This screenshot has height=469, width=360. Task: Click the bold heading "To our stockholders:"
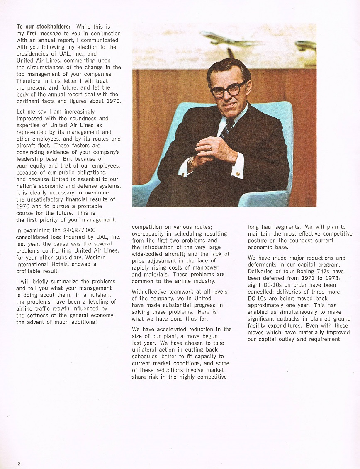(x=43, y=27)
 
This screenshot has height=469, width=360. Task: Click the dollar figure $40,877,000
(x=80, y=230)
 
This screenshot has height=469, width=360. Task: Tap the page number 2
(x=19, y=464)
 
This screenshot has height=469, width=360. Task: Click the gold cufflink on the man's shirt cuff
(x=238, y=174)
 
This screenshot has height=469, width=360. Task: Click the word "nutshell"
(x=100, y=295)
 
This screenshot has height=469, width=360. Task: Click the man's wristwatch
(x=191, y=163)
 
